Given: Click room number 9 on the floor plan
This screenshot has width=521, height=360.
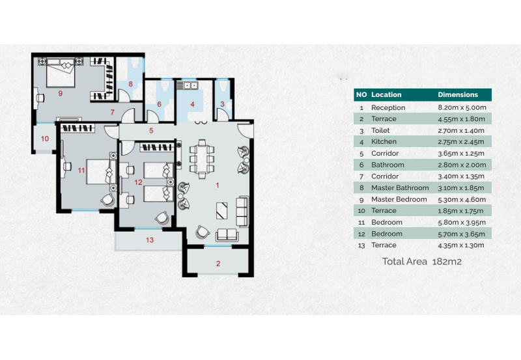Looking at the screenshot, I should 60,93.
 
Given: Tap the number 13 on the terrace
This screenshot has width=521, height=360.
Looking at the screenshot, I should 150,240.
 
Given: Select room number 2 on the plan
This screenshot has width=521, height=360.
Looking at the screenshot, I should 218,264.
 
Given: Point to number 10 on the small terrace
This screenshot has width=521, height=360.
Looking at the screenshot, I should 45,138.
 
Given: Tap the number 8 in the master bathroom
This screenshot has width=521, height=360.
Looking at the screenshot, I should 130,84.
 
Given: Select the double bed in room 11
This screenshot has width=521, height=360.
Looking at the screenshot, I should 98,172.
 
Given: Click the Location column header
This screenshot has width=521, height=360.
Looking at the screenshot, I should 386,94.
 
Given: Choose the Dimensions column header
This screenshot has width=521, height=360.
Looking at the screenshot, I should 458,94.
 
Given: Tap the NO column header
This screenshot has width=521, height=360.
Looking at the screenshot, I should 362,94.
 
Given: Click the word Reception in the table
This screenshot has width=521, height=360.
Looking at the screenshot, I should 388,107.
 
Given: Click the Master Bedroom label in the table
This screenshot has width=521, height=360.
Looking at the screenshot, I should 399,199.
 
